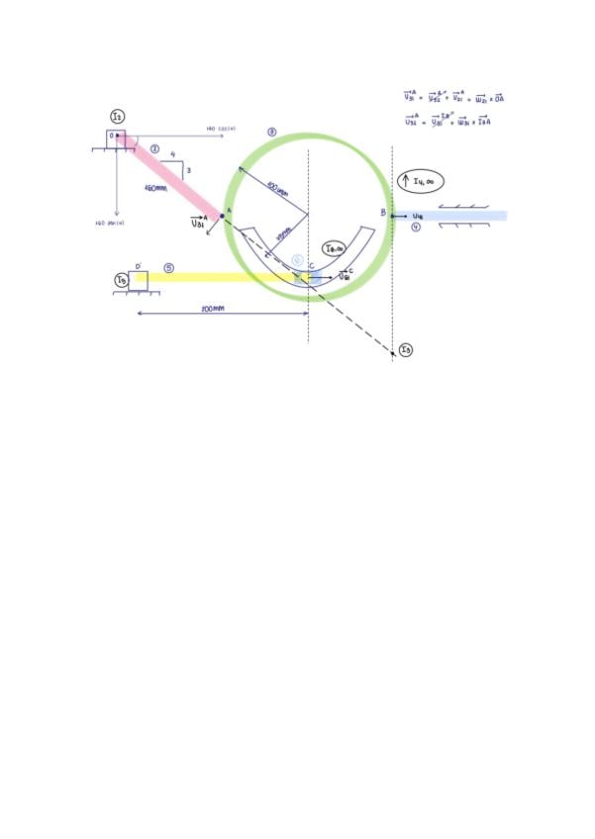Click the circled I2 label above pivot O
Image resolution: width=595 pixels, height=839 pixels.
118,118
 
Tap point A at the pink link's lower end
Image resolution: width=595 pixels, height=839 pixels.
222,215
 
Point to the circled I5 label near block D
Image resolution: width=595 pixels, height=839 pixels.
120,281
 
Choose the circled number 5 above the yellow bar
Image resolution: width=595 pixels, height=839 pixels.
169,267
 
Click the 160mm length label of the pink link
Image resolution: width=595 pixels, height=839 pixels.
158,187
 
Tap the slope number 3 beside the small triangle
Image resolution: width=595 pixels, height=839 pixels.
187,171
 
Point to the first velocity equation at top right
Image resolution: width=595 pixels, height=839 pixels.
454,98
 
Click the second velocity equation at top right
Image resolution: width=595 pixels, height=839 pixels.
454,121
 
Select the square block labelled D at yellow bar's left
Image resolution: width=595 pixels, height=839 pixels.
138,281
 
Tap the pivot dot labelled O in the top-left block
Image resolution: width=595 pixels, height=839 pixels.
118,136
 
